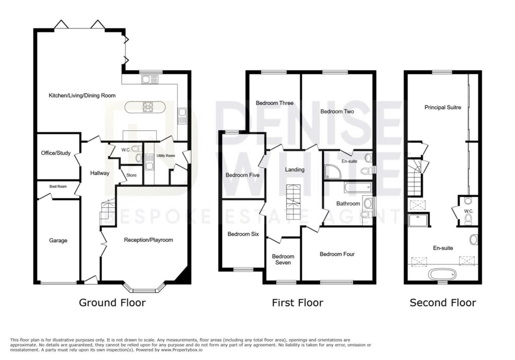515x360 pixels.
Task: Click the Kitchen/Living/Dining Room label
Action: pos(82,96)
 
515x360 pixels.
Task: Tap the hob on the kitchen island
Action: pos(147,107)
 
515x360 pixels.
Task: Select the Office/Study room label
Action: pos(56,153)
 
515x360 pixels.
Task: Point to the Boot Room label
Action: pos(58,186)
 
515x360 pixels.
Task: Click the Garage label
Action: pos(58,240)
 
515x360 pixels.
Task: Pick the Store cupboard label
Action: pos(131,175)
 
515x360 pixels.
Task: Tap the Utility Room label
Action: pos(166,156)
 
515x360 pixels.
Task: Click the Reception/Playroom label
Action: pos(148,240)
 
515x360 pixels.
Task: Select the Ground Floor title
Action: pos(112,303)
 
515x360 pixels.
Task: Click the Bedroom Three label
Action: pos(275,103)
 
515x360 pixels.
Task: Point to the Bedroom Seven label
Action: pos(283,259)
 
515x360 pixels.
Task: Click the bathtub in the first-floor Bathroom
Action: pos(358,188)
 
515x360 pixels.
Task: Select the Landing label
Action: pos(295,169)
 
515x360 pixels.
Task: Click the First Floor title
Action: pos(298,303)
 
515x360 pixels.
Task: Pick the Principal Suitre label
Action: pos(443,108)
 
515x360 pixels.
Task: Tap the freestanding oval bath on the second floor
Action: pos(443,274)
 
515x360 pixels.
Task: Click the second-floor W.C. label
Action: pos(469,211)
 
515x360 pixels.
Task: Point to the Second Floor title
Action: pos(443,303)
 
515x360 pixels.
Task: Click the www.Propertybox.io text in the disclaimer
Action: pos(182,350)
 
